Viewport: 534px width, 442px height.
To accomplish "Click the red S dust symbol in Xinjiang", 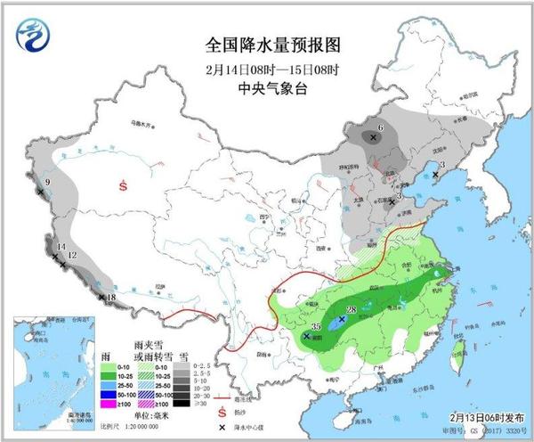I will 124,185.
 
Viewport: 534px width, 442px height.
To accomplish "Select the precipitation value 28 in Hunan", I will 352,309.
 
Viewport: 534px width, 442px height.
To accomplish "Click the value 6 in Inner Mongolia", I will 380,128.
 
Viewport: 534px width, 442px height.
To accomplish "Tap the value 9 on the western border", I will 47,184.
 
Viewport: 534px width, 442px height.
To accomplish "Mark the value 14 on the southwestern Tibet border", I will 61,247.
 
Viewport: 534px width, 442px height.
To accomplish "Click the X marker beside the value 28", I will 342,318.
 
